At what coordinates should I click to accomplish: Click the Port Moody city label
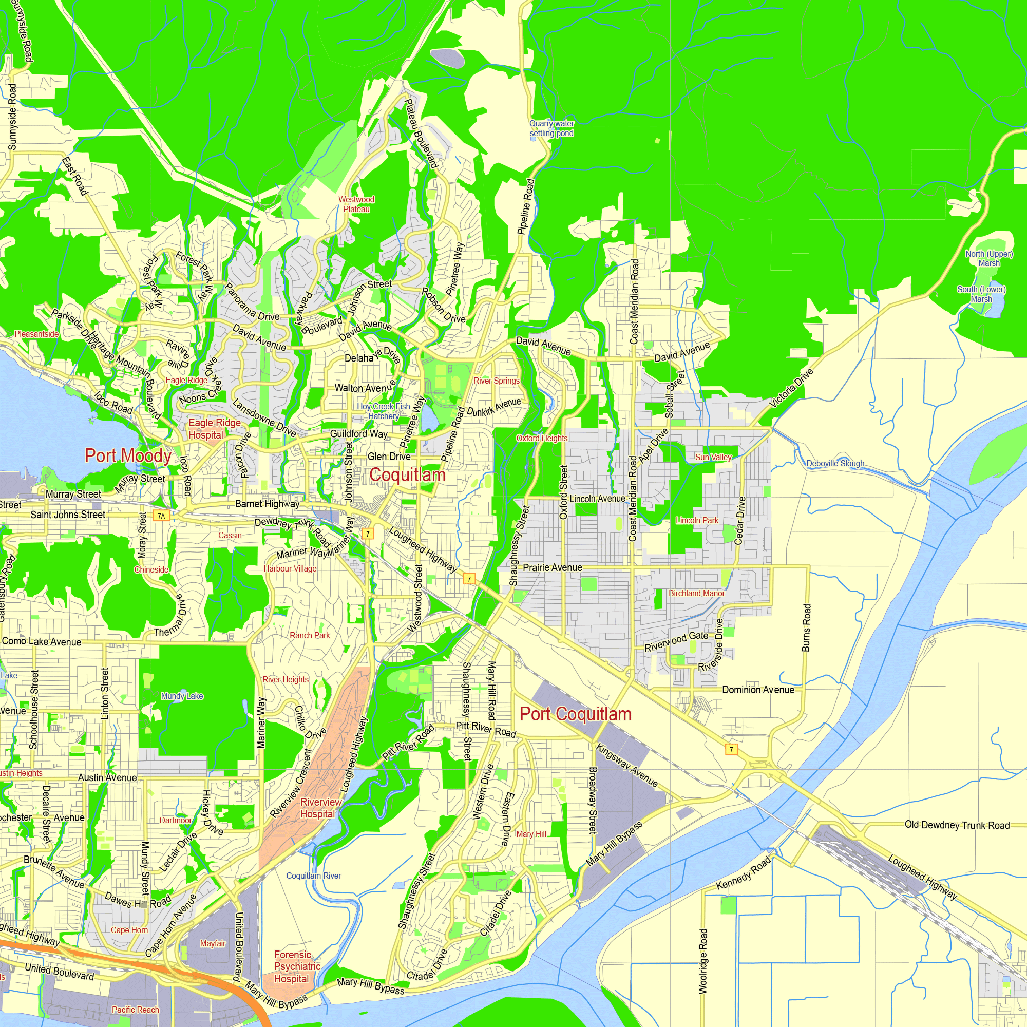(128, 456)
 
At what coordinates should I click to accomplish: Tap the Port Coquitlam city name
(575, 714)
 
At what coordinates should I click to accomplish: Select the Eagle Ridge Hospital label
(214, 428)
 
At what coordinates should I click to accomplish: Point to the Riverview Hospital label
(320, 808)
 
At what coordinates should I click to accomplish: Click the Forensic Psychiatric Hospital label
(297, 966)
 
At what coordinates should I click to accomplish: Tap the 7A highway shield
(161, 516)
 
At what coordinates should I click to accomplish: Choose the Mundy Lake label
(182, 696)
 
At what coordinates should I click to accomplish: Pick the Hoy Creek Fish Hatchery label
(383, 411)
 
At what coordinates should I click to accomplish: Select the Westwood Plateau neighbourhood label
(356, 204)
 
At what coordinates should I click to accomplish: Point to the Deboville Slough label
(835, 464)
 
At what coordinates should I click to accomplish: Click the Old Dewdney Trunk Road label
(956, 825)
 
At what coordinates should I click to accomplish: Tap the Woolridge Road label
(703, 961)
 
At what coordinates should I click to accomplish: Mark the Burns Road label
(806, 628)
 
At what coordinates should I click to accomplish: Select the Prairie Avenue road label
(553, 568)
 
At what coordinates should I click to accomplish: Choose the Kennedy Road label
(743, 873)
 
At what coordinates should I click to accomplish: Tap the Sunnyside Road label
(12, 117)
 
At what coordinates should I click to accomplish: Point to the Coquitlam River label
(313, 876)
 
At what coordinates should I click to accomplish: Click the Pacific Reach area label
(135, 1010)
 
